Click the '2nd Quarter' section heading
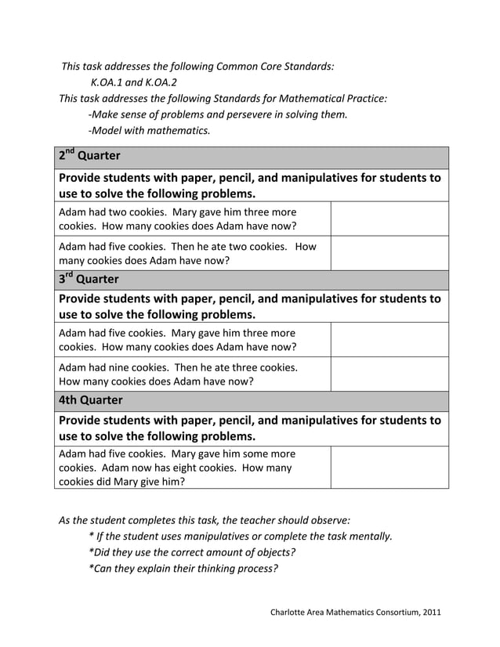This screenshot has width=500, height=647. (x=89, y=156)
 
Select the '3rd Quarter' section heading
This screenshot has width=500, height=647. (x=89, y=279)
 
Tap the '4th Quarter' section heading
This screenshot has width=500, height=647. (x=90, y=400)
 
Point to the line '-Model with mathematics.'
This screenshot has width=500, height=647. (x=149, y=131)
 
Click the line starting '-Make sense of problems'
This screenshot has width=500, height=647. (x=217, y=114)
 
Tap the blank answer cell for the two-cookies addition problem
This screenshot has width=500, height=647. (x=389, y=219)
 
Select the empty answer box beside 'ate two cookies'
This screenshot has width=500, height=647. (x=389, y=253)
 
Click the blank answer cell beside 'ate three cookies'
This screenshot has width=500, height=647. (x=389, y=374)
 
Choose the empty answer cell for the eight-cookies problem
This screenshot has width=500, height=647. (x=389, y=468)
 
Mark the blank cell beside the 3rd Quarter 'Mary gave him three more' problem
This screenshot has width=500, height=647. (x=389, y=339)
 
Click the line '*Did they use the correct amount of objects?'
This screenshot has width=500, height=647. (x=192, y=551)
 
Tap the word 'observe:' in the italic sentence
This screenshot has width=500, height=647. (x=329, y=519)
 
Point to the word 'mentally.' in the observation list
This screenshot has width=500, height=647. (x=368, y=536)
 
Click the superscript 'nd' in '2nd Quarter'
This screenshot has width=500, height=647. (x=70, y=151)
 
